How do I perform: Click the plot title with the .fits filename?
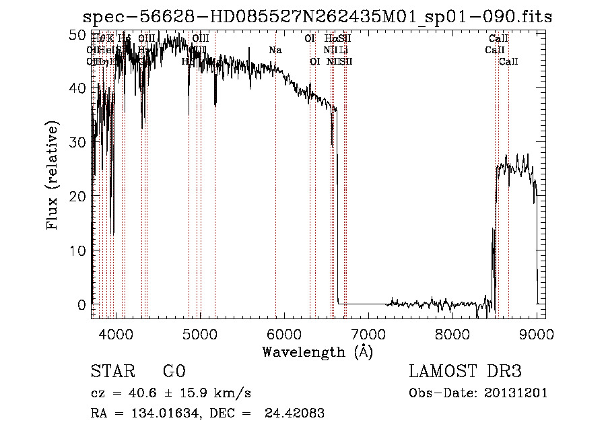point(316,17)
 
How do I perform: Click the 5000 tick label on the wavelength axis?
point(200,334)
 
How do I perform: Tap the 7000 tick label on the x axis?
point(368,334)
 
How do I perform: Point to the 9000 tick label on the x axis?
point(537,334)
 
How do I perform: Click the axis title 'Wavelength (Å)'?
point(317,351)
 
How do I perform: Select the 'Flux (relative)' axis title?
point(53,176)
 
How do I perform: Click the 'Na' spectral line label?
point(275,51)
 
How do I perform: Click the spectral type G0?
point(174,372)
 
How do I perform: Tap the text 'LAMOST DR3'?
point(465,372)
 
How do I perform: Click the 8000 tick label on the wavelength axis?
point(452,334)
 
